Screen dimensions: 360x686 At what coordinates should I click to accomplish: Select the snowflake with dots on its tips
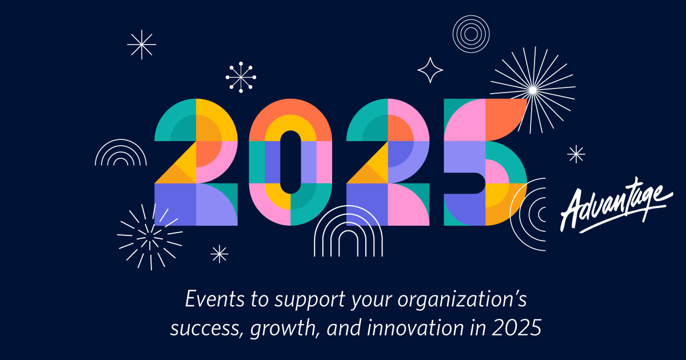click(241, 77)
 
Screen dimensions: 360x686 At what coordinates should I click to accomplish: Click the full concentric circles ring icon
click(470, 33)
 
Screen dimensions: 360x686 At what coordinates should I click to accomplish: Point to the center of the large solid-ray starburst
click(532, 89)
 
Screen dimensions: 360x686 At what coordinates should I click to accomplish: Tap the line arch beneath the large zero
click(348, 231)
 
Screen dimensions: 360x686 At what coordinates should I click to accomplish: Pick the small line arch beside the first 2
click(121, 153)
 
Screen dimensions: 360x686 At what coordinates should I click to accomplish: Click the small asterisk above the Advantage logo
click(576, 154)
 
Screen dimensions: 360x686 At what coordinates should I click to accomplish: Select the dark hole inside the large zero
click(290, 162)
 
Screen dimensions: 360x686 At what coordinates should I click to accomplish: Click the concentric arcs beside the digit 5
click(529, 214)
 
